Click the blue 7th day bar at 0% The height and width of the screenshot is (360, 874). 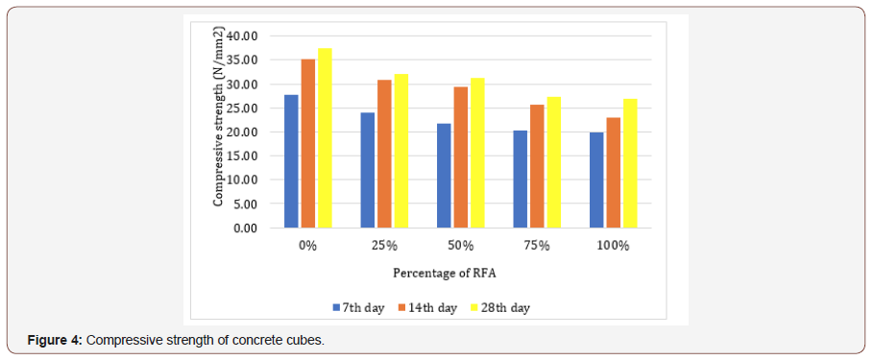coord(291,161)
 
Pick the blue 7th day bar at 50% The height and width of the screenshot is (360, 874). coord(444,176)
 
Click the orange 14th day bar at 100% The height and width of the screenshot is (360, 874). coord(613,173)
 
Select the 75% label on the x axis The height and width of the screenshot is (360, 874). coord(537,246)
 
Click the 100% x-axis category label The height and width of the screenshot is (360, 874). coord(613,246)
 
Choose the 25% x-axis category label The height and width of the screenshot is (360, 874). coord(384,246)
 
